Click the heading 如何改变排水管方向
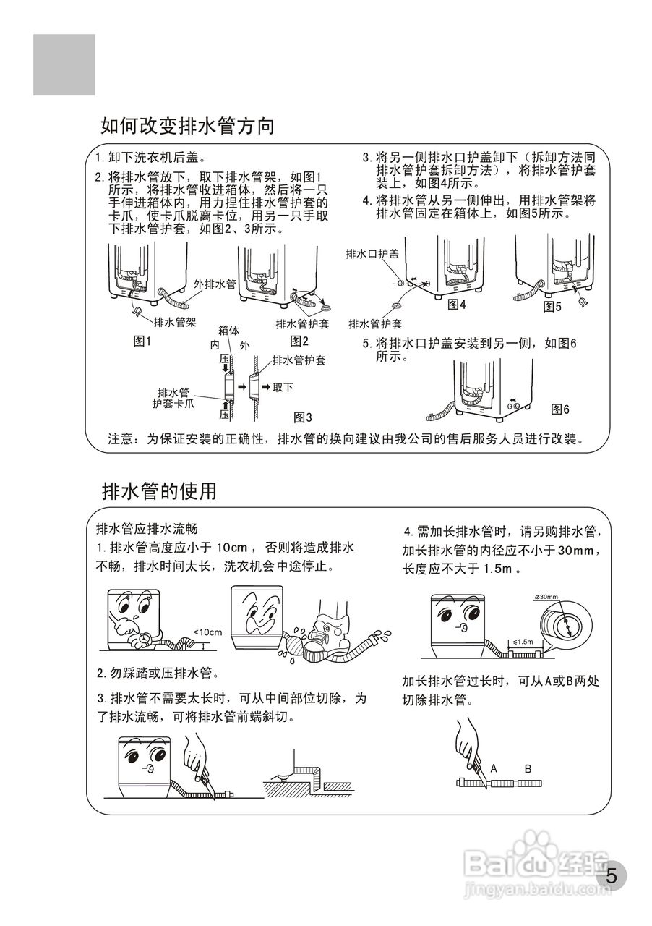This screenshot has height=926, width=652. (188, 127)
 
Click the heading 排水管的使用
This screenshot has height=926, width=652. (159, 491)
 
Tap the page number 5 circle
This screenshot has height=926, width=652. (612, 877)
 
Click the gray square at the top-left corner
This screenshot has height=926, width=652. (64, 65)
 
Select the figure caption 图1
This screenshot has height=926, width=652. (142, 341)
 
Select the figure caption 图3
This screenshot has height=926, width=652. (302, 417)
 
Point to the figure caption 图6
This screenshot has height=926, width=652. (559, 409)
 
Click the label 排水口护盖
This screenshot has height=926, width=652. (372, 254)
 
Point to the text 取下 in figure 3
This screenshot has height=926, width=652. (283, 387)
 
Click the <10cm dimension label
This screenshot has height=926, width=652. (207, 632)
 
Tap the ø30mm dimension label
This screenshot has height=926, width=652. (546, 597)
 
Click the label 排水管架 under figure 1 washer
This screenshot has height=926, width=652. (176, 322)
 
